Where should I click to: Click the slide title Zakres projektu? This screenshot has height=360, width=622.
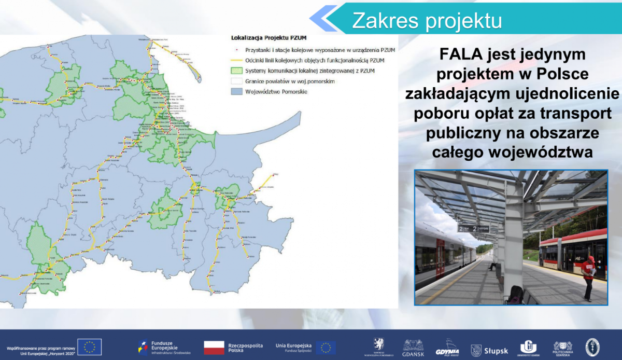pos(427,20)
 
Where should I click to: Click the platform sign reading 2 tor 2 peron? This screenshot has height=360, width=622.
pos(473,228)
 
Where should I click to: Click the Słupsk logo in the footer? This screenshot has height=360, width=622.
pos(489,351)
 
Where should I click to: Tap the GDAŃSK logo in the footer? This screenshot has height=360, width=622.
pos(413,348)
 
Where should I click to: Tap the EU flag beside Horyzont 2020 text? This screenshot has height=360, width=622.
pos(90,347)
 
